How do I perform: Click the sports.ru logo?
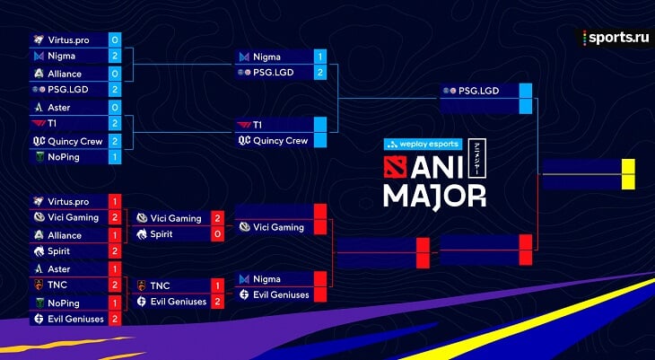coord(616,38)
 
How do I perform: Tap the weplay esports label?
coord(424,145)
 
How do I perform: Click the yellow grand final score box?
coord(628,174)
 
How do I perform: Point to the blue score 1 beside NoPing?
coord(115,157)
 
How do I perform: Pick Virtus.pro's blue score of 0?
coord(115,40)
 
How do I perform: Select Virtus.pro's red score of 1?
coord(115,201)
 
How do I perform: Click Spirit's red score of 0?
coord(217,234)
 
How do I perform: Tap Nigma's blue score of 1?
coord(320,57)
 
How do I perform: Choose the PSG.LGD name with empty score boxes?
coord(479,91)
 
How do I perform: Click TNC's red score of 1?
coord(217,286)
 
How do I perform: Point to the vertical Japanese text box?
coord(477,159)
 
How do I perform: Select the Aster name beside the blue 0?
coord(59,108)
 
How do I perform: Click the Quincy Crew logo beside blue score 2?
coord(39,141)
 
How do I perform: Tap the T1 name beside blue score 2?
coord(52,124)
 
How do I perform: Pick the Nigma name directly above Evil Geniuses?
coord(266,279)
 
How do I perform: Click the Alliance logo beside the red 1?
coord(39,235)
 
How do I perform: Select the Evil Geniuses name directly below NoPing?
coord(75,319)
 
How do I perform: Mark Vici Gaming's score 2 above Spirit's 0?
coord(217,218)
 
